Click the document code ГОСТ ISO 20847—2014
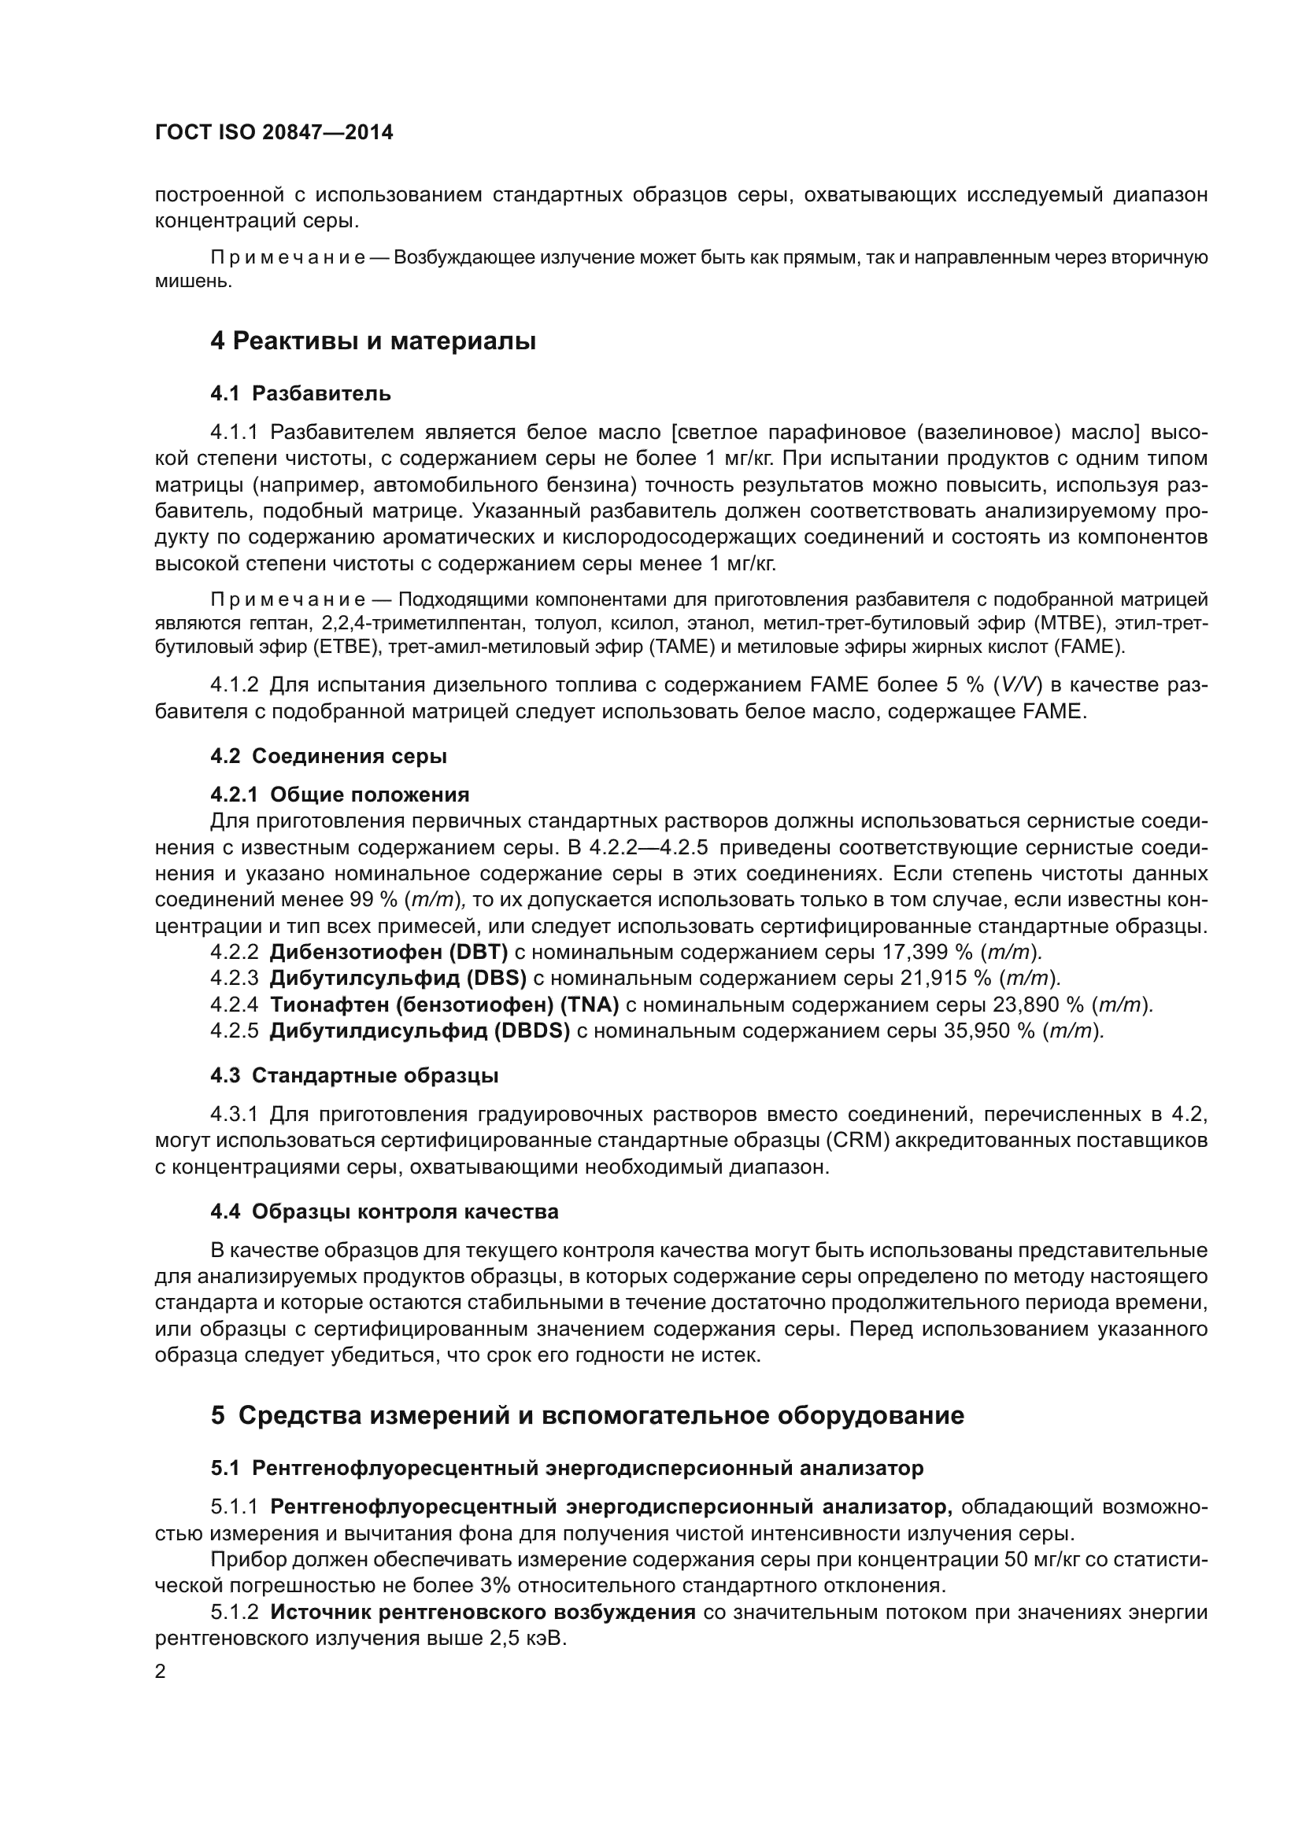[273, 133]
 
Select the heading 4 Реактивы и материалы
[373, 341]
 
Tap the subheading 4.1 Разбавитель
[301, 393]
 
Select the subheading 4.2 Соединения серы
[329, 756]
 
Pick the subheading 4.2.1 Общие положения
[340, 795]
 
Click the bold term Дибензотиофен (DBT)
[389, 952]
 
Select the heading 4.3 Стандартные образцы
[354, 1075]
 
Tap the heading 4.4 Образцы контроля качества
[384, 1211]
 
